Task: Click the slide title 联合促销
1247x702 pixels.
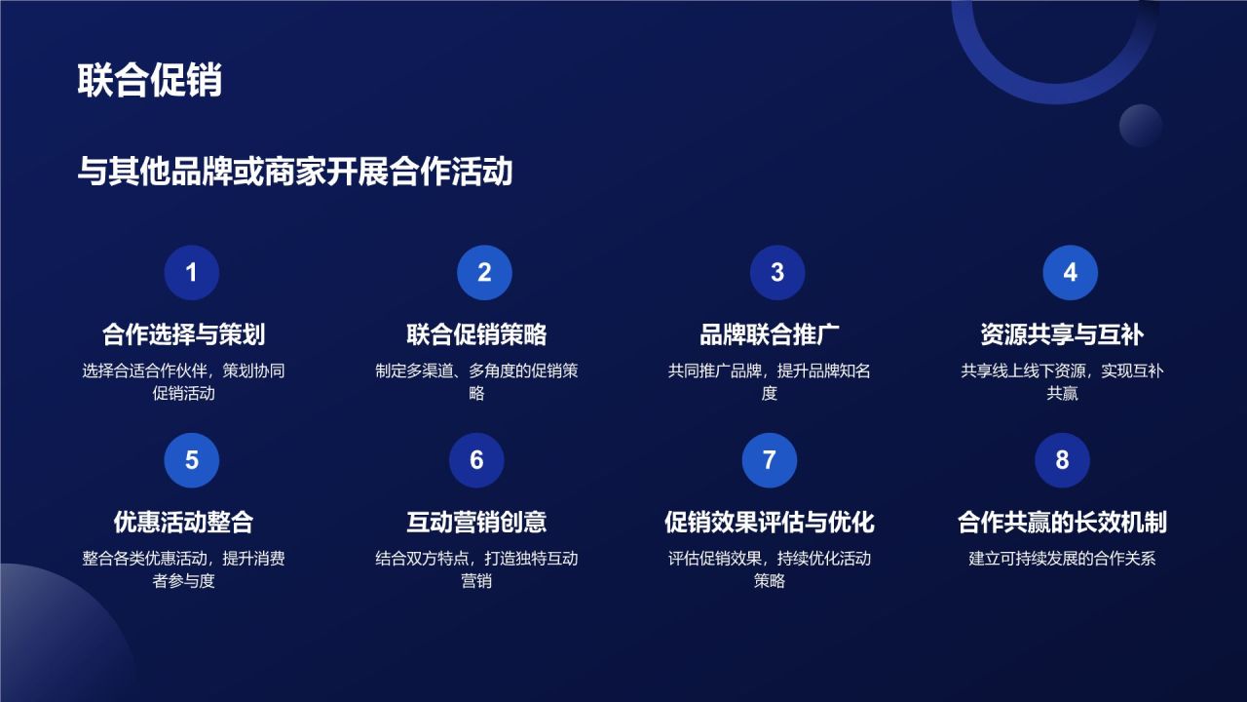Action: click(x=150, y=81)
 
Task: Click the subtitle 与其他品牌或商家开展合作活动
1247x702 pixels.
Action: click(x=295, y=173)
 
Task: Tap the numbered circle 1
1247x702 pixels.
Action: click(x=191, y=273)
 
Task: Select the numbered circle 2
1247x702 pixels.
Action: click(x=484, y=273)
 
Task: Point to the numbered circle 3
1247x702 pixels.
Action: click(x=777, y=273)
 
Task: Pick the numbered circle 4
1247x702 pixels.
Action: click(x=1070, y=273)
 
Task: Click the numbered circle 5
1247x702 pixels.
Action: click(x=191, y=460)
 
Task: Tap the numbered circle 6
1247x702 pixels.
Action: click(x=476, y=460)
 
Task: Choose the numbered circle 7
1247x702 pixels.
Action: click(x=770, y=460)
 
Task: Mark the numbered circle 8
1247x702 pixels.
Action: click(x=1062, y=460)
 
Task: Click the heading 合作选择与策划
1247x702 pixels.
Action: click(x=184, y=334)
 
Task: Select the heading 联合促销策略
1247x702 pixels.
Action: click(x=476, y=334)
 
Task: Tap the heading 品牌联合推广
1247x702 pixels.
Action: click(x=770, y=334)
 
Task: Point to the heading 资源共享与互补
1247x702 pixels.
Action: click(x=1062, y=334)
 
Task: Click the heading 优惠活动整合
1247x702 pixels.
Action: click(x=184, y=522)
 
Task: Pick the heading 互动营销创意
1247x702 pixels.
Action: click(x=476, y=522)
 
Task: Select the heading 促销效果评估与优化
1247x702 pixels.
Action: click(x=770, y=522)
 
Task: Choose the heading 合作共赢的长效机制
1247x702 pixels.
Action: click(x=1062, y=522)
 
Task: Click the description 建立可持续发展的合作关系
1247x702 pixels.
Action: click(x=1062, y=559)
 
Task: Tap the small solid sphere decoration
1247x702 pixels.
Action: click(x=1141, y=126)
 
